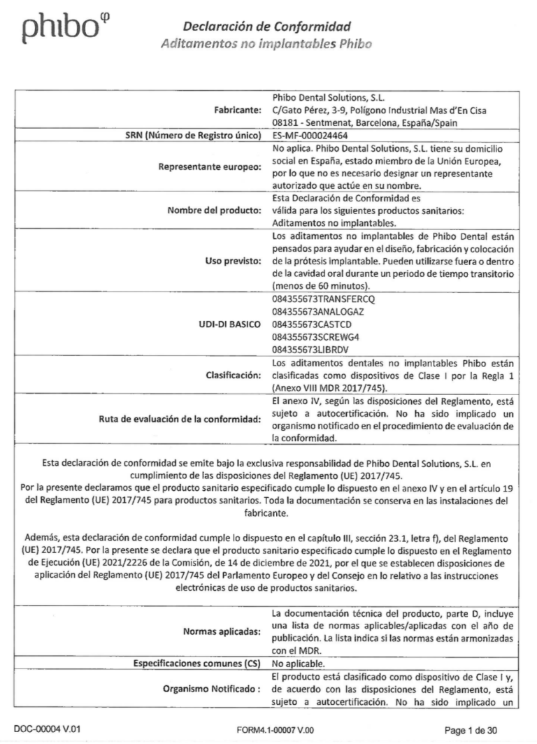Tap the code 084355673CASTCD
(308, 325)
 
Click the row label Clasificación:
(234, 375)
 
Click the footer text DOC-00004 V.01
(52, 729)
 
